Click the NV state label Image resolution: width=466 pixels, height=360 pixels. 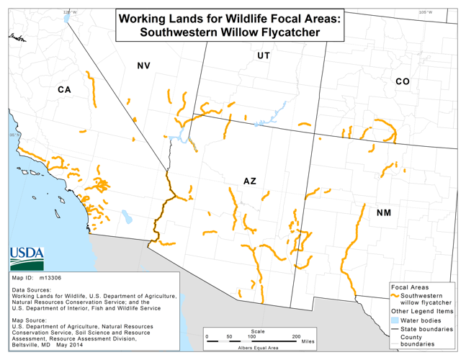click(143, 66)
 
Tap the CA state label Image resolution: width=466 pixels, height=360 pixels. click(64, 90)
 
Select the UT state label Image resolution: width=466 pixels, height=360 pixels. click(264, 55)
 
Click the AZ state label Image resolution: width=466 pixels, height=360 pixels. click(249, 181)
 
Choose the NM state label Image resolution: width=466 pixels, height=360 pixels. click(384, 213)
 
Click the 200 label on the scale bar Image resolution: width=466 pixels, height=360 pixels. click(296, 336)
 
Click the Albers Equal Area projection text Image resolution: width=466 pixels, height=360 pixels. click(259, 348)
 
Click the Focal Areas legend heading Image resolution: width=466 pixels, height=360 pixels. click(408, 287)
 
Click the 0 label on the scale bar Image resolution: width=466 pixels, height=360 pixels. click(207, 336)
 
